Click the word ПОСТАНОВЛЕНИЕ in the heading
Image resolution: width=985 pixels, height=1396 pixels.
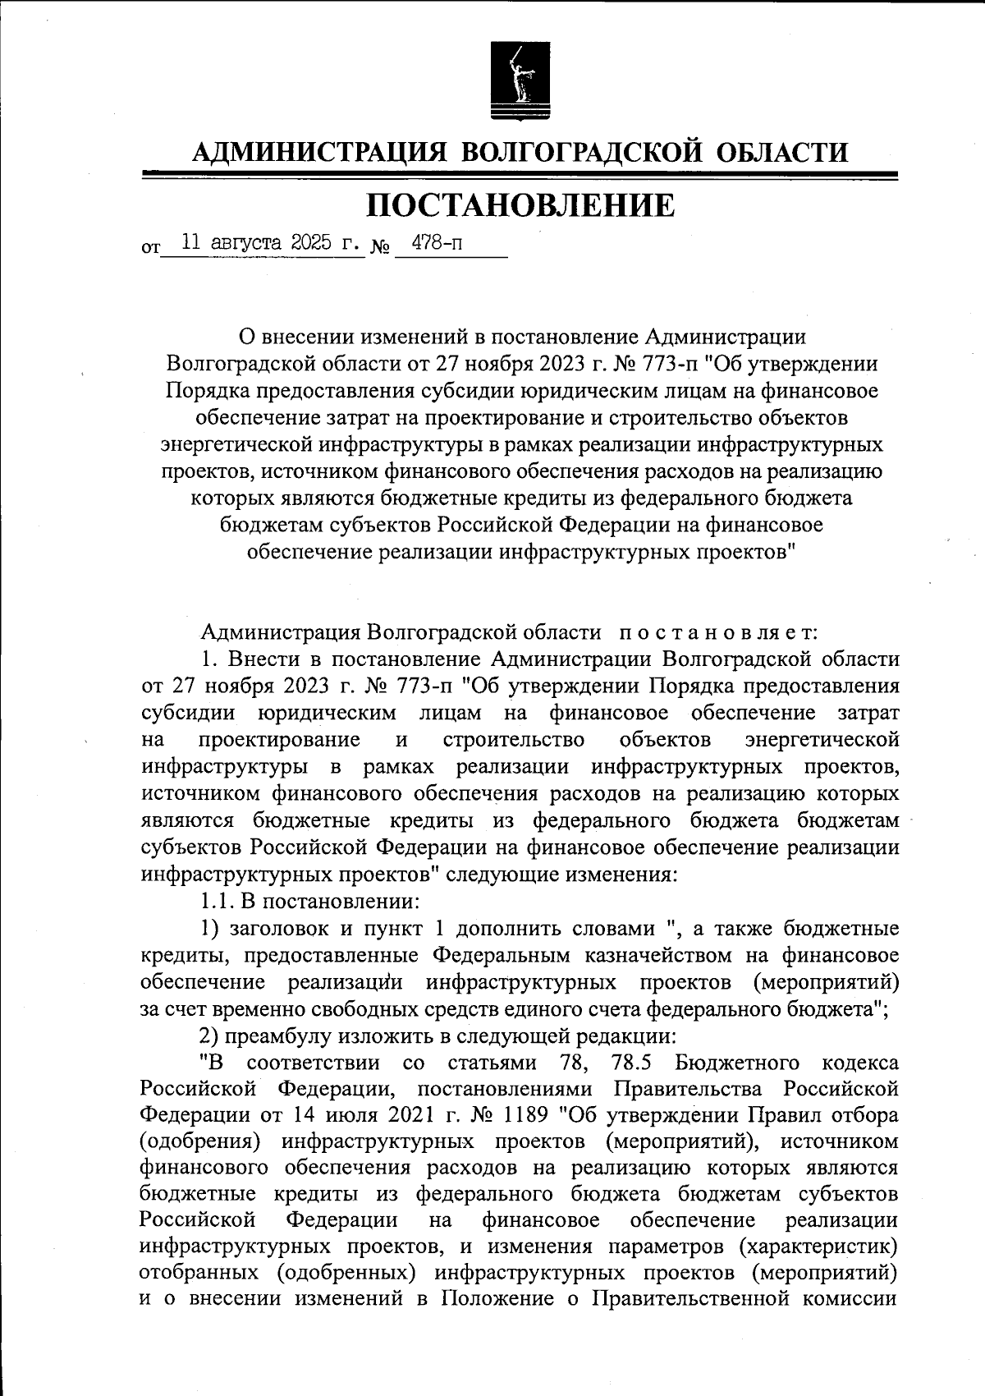(520, 204)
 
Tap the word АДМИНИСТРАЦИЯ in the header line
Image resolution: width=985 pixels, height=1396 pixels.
(318, 152)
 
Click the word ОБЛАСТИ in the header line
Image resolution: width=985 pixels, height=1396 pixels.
(784, 152)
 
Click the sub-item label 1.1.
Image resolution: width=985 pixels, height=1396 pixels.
(217, 901)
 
